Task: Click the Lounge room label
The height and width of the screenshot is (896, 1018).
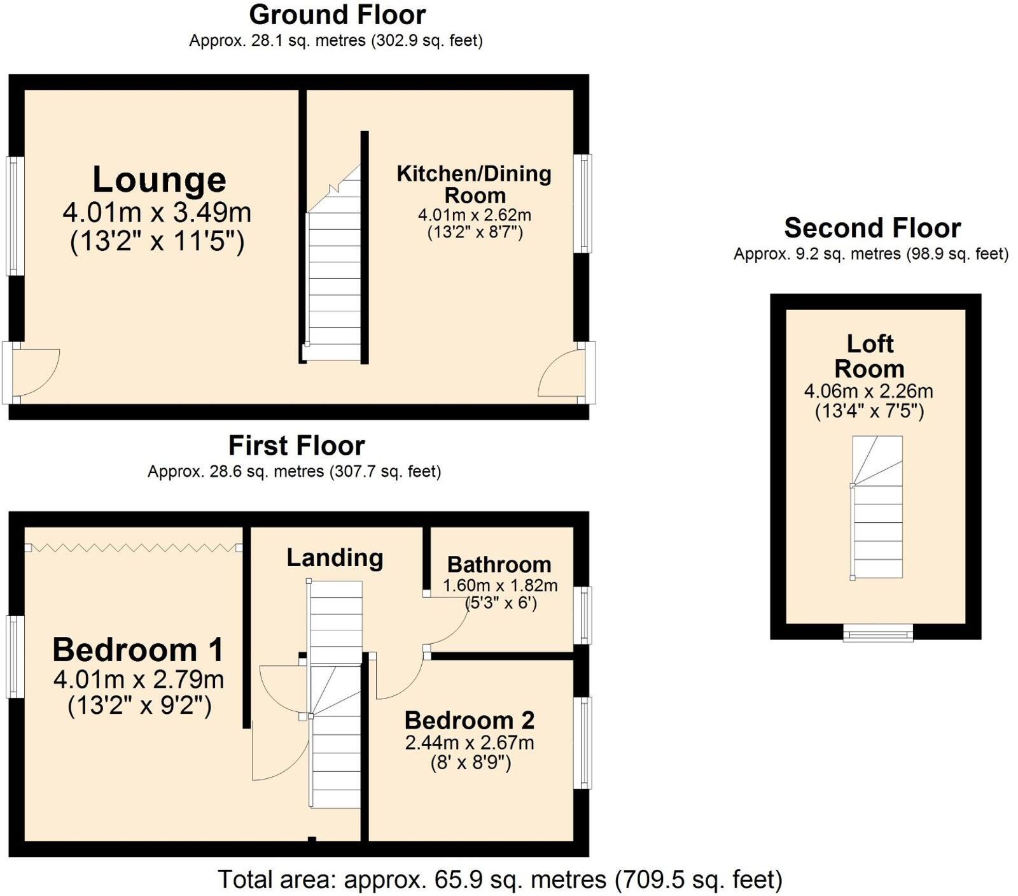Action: tap(159, 180)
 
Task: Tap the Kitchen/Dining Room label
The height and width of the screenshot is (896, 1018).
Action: tap(474, 184)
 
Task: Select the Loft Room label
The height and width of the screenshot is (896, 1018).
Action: tap(870, 357)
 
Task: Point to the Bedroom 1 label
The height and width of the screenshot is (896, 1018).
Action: tap(138, 650)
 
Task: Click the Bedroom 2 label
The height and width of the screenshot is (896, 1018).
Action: tap(470, 720)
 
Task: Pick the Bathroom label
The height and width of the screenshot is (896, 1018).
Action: tap(499, 564)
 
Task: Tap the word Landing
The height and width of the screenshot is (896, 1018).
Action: tap(335, 558)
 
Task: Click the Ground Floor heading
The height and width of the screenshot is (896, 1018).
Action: tap(337, 15)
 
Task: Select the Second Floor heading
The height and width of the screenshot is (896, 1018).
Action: tap(872, 227)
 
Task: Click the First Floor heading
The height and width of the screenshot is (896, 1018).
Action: tap(296, 446)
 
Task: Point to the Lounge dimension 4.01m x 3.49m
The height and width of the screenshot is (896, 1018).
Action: tap(157, 213)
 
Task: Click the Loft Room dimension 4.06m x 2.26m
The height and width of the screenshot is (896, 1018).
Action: tap(869, 391)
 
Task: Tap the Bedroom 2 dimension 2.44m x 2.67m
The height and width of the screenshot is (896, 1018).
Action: tap(470, 743)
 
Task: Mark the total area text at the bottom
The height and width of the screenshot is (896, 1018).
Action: tap(500, 879)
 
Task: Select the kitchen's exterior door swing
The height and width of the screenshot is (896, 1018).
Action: tap(561, 376)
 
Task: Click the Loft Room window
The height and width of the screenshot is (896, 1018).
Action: tap(878, 633)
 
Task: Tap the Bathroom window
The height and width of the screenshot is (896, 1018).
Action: tap(583, 615)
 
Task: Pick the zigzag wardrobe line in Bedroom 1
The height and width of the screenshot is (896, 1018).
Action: tap(133, 547)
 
